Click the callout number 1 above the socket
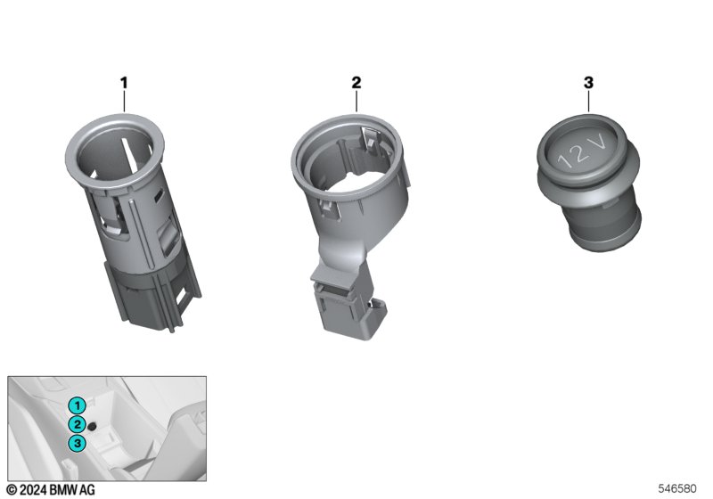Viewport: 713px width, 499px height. (x=124, y=83)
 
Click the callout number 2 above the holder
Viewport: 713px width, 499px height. (x=356, y=83)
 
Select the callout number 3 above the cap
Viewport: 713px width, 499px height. (x=588, y=83)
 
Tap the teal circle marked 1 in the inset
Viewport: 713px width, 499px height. (x=78, y=405)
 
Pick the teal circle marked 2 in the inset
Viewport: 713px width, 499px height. (x=78, y=424)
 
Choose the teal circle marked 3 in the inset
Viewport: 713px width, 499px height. (x=78, y=443)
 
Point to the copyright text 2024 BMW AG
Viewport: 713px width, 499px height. (x=52, y=490)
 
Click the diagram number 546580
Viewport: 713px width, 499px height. (x=677, y=489)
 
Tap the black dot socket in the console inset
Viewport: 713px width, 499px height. (x=93, y=426)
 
